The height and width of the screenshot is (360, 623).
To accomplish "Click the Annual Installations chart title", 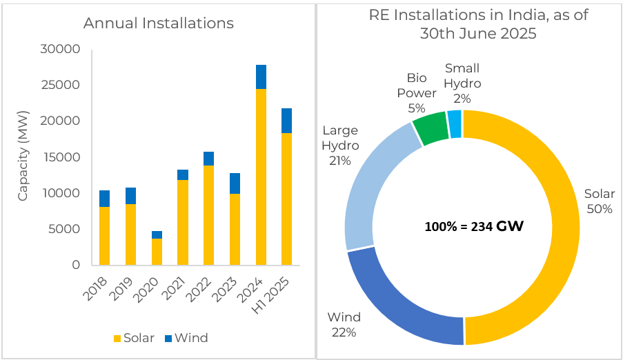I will [x=158, y=23].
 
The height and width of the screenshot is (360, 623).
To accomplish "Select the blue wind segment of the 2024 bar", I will [x=261, y=77].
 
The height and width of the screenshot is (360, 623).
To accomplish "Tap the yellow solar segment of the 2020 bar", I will [x=157, y=252].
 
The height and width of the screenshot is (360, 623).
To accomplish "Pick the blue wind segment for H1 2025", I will [x=287, y=121].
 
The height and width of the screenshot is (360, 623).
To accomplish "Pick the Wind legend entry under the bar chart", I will [x=184, y=338].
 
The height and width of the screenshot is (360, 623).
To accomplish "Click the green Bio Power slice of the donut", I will [x=431, y=128].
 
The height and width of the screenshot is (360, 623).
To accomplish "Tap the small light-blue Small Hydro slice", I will [x=454, y=123].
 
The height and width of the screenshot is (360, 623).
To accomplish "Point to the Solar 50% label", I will [x=598, y=201].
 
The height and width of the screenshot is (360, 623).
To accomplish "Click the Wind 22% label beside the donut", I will [x=343, y=325].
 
